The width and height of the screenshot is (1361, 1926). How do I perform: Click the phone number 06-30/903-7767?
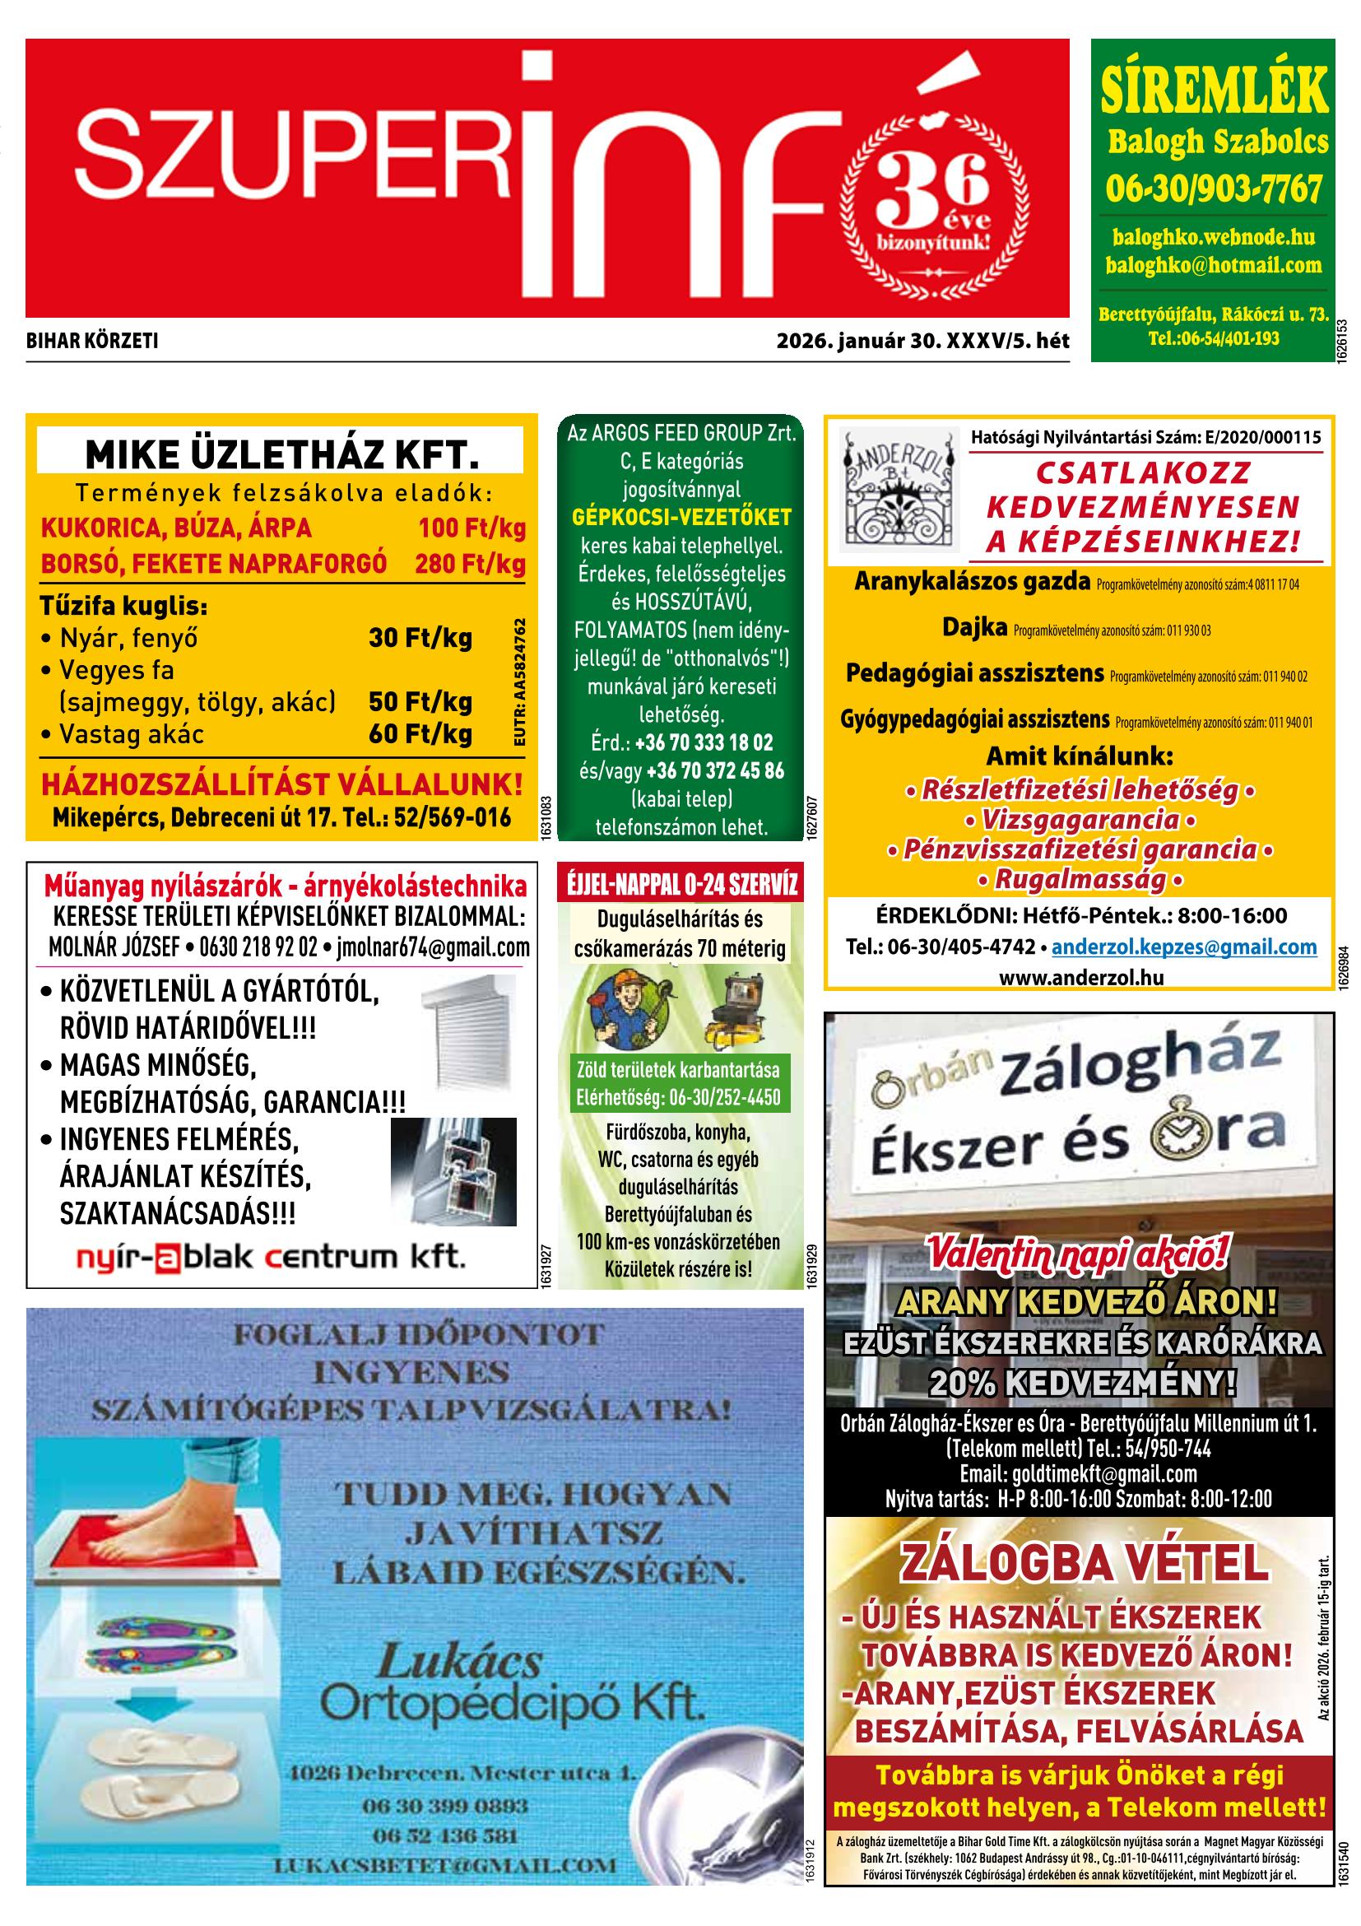pos(1214,189)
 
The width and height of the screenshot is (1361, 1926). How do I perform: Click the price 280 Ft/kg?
pos(470,563)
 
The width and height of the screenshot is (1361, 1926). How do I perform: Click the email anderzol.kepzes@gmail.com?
pos(1184,947)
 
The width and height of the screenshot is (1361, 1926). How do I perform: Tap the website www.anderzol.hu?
pos(1081,977)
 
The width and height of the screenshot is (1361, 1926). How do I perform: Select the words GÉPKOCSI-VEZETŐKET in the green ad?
pos(681,517)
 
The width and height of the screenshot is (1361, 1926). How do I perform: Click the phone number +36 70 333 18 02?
pos(704,742)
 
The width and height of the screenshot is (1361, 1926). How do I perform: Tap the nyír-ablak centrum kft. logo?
pos(269,1258)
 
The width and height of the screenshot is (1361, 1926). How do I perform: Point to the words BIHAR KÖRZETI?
pos(92,341)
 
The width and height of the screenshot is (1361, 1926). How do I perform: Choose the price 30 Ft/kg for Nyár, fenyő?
pos(420,639)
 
